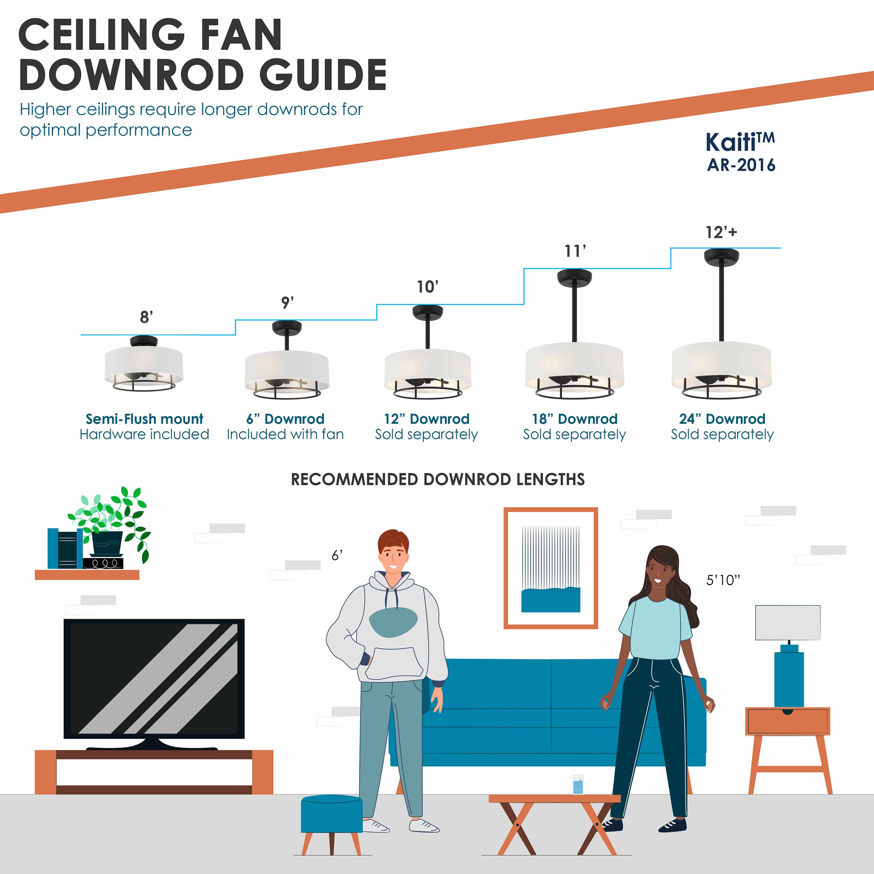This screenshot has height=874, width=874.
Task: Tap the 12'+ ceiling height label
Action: point(721,232)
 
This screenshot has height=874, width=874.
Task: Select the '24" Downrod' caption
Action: point(722,419)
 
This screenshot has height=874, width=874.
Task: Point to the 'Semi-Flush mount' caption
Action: point(144,419)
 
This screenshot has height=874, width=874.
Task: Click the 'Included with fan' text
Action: point(285,434)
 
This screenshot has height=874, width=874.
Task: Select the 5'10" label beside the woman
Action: point(723,580)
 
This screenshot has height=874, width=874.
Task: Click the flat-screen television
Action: point(154,679)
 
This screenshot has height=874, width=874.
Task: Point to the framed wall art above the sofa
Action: point(551,568)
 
